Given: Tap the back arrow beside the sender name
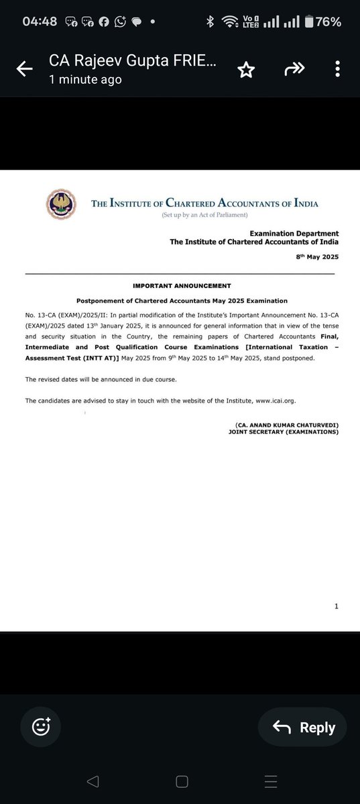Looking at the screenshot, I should click(25, 69).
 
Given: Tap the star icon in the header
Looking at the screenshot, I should click(247, 69).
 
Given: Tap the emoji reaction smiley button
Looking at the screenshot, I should click(41, 727).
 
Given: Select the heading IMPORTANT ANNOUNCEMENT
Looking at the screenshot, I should click(182, 285).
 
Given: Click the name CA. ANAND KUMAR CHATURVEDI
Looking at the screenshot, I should click(286, 425).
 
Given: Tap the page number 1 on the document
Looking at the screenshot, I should click(337, 606).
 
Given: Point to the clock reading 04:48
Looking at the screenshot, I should click(40, 21).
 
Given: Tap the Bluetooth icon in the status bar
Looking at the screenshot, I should click(210, 21).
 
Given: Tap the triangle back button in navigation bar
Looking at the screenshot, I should click(94, 781).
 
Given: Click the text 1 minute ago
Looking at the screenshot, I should click(85, 79).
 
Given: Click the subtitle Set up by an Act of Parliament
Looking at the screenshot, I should click(204, 215).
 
